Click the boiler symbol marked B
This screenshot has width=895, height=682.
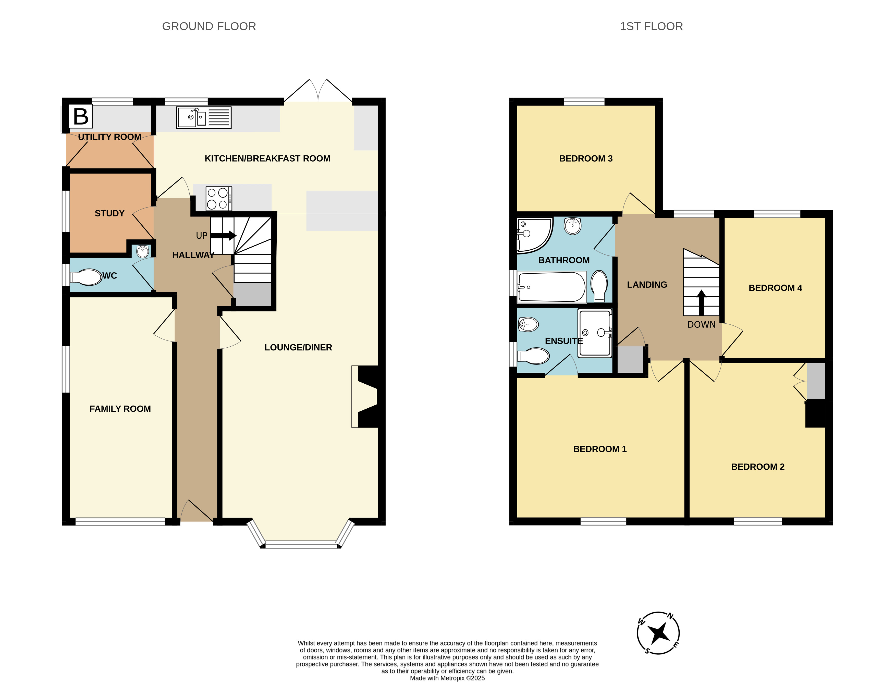81,116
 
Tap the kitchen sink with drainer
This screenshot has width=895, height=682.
204,118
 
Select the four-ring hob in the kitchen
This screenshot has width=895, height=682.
219,199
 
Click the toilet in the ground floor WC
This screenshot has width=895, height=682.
86,278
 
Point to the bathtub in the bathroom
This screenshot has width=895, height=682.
551,287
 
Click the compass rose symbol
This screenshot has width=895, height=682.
658,633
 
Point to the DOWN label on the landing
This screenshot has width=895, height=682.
701,324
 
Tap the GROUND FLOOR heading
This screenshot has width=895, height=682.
209,26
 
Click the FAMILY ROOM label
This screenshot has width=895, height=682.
120,409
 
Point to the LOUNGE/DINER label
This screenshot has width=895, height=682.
298,347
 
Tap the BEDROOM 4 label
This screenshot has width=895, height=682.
775,288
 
